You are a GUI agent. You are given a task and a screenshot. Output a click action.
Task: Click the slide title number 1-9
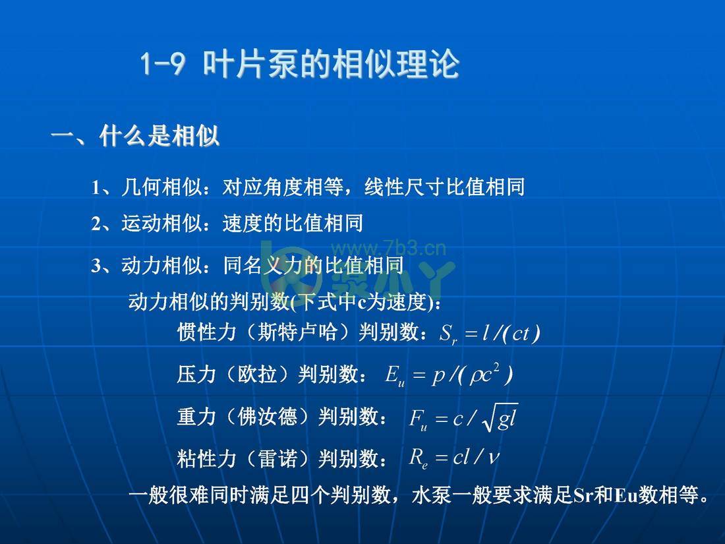click(163, 64)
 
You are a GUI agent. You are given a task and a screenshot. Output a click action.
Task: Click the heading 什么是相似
click(159, 136)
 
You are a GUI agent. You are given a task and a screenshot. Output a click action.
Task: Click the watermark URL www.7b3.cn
click(388, 249)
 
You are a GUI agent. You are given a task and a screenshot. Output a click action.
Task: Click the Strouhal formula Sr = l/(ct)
click(489, 334)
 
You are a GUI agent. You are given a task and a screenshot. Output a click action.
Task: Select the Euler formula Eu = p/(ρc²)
click(449, 375)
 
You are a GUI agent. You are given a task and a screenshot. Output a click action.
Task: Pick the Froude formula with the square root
click(463, 419)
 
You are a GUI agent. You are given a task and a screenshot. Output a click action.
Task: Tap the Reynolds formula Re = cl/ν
click(454, 458)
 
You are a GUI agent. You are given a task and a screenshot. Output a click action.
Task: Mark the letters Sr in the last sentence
click(583, 495)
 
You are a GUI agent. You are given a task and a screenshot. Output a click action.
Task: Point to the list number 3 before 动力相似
click(96, 266)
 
